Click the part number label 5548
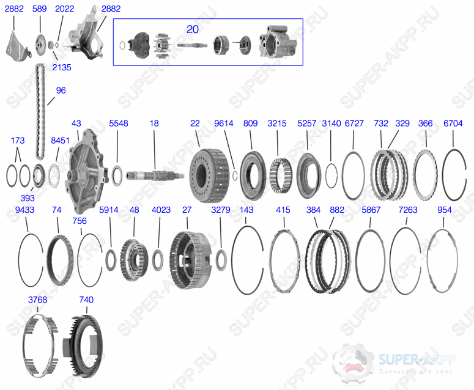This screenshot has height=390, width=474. coord(119,123)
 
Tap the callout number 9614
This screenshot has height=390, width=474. coord(224,123)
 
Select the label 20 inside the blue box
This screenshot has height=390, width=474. coord(193,29)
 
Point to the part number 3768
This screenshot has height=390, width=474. coord(37,300)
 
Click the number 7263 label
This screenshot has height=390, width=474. coord(408,210)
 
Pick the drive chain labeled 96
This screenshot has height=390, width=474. coord(40,111)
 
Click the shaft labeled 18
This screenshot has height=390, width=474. coord(155,175)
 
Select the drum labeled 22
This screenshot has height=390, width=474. coord(209,176)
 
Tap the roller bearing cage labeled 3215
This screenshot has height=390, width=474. coord(281,175)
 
